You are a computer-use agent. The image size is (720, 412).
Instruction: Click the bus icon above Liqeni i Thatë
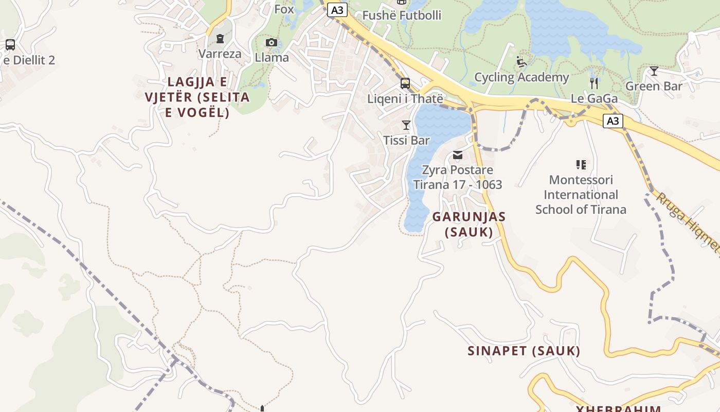405,83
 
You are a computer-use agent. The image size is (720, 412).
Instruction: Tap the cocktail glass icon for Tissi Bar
406,125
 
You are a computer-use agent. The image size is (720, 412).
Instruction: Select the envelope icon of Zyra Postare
458,155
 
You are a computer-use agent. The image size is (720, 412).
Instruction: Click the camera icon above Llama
272,43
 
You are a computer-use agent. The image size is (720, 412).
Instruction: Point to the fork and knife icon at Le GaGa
594,83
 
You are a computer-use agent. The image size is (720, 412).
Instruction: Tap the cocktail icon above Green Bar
654,71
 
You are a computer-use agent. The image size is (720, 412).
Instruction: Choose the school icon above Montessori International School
581,165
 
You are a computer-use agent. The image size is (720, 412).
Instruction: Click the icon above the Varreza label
220,39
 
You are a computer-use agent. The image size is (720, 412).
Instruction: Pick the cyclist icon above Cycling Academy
521,62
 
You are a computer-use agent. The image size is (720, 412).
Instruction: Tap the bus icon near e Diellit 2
10,45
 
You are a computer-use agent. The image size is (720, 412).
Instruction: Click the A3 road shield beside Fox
337,10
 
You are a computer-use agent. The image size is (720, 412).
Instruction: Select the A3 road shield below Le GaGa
613,121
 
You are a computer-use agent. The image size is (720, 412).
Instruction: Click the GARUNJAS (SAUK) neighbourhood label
469,225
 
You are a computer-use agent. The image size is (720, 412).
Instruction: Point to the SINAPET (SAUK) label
524,351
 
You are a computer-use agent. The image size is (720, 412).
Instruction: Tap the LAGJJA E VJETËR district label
197,97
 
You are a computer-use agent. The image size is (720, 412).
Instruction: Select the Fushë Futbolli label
402,15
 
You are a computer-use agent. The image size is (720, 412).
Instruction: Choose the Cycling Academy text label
521,77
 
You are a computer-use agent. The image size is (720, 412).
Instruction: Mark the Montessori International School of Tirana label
581,195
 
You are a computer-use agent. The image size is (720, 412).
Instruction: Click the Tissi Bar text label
406,140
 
